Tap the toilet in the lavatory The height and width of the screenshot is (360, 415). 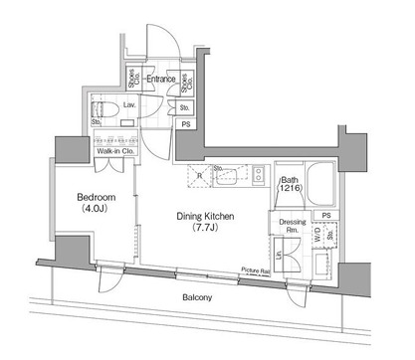point(106,108)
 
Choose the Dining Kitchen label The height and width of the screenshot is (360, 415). point(204,216)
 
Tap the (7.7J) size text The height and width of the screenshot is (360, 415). point(204,229)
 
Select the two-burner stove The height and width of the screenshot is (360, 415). point(259,175)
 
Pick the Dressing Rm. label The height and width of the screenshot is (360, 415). point(291,226)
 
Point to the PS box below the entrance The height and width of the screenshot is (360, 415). point(186,123)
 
